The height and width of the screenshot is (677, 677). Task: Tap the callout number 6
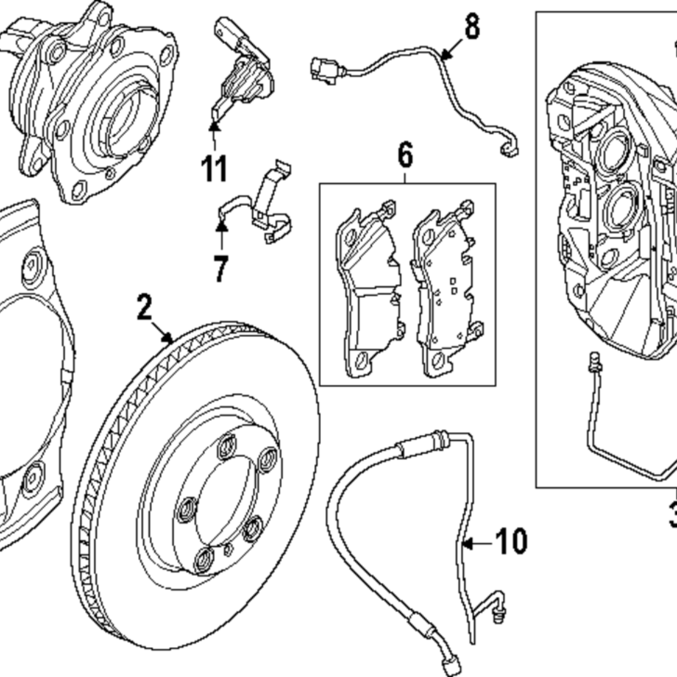(x=405, y=155)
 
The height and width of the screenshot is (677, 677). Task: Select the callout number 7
(x=221, y=269)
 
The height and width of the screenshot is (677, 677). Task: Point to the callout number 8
(x=472, y=27)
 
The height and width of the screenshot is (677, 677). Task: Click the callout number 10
(x=511, y=542)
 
